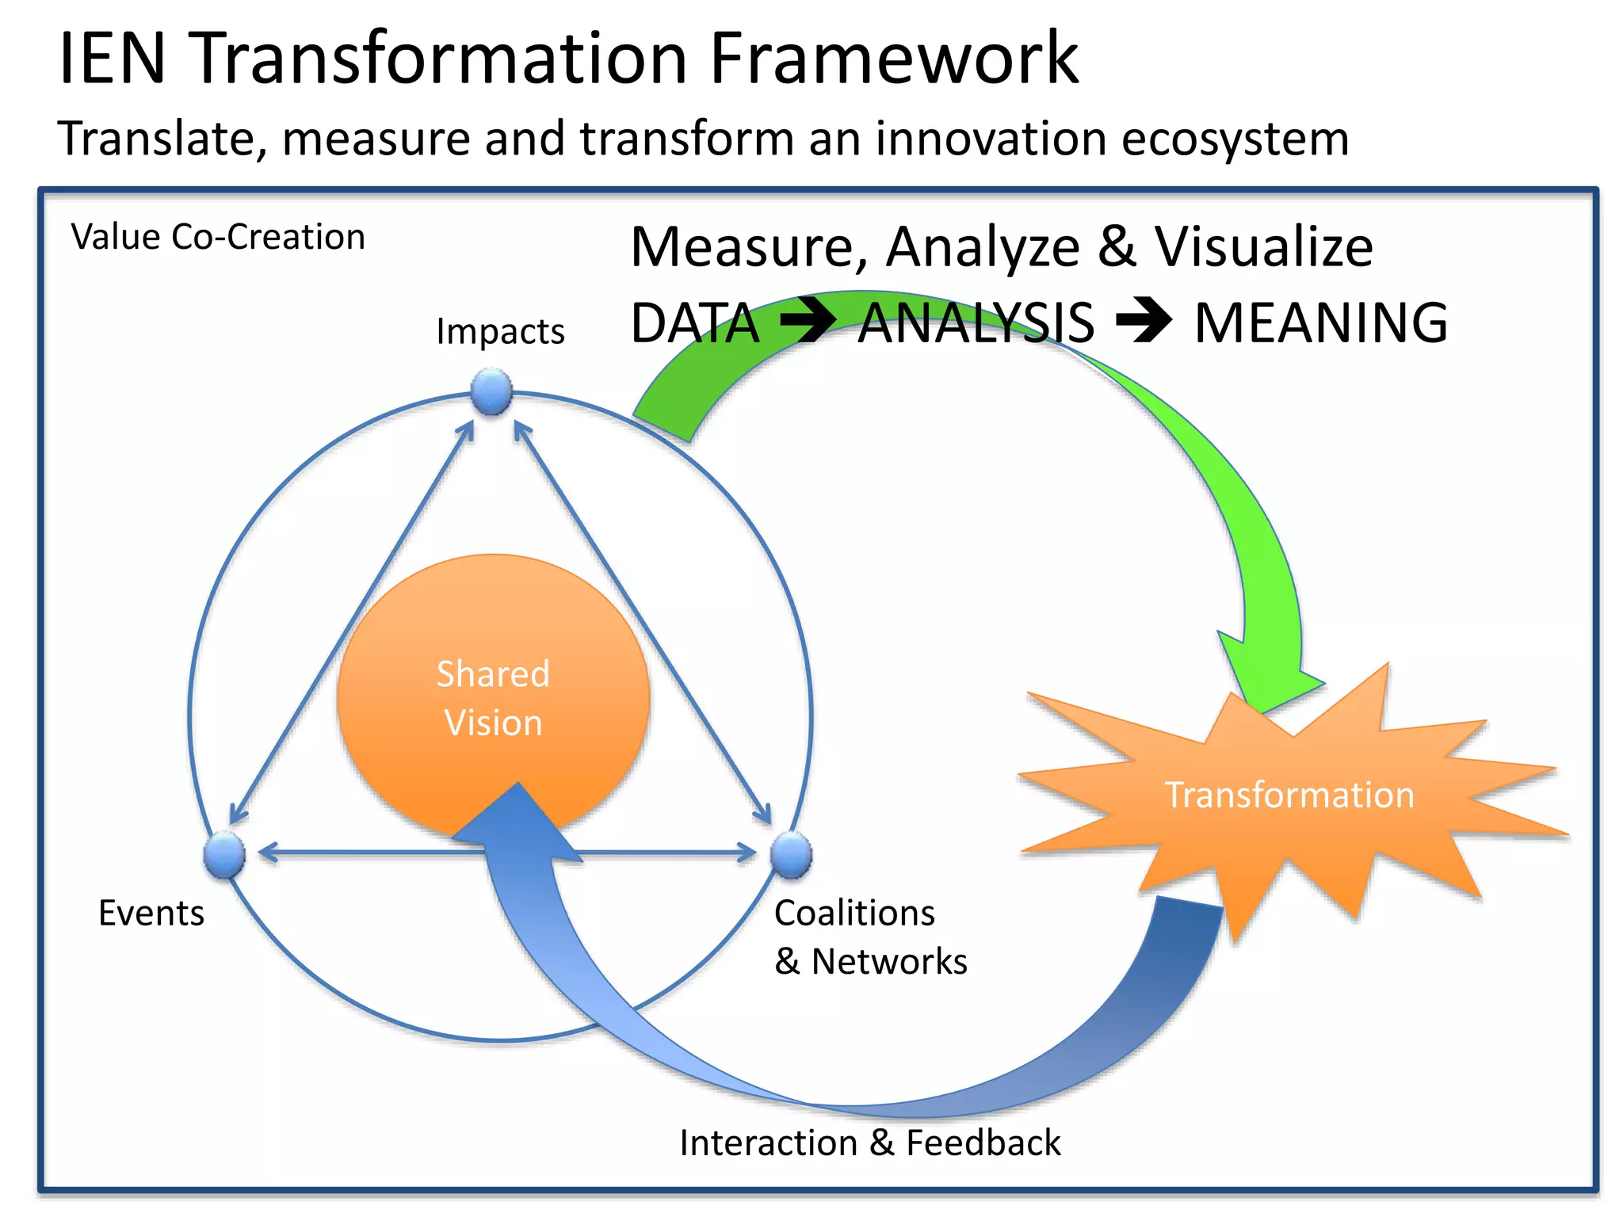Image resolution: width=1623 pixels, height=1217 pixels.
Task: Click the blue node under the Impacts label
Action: coord(491,391)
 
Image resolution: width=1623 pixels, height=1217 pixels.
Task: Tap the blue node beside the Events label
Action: coord(224,855)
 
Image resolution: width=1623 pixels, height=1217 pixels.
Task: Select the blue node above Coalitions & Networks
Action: coord(791,855)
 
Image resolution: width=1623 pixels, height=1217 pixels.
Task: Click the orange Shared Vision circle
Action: coord(493,681)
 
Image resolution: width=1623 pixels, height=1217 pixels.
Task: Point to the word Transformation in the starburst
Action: coord(1289,795)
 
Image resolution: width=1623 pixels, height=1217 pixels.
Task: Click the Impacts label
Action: coord(500,331)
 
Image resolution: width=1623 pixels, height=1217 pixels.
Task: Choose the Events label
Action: coord(151,913)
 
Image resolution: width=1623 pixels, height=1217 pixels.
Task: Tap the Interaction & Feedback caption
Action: coord(869,1143)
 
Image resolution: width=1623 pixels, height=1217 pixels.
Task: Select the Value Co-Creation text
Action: coord(218,237)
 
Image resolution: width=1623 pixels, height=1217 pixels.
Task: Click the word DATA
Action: coord(694,323)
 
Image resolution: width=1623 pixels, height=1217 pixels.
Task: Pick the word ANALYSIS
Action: coord(976,323)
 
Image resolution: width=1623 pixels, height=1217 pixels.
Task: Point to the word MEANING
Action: coord(1320,323)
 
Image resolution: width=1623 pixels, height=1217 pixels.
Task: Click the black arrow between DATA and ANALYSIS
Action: coord(808,321)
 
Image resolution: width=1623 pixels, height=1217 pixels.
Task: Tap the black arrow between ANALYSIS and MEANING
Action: coord(1144,321)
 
